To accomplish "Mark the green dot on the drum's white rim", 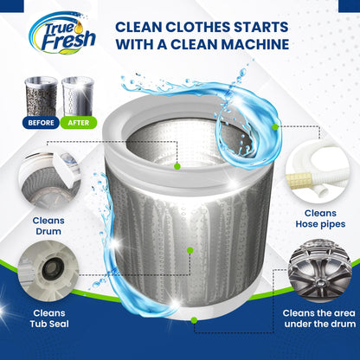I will (177, 165).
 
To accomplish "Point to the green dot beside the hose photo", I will (275, 126).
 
